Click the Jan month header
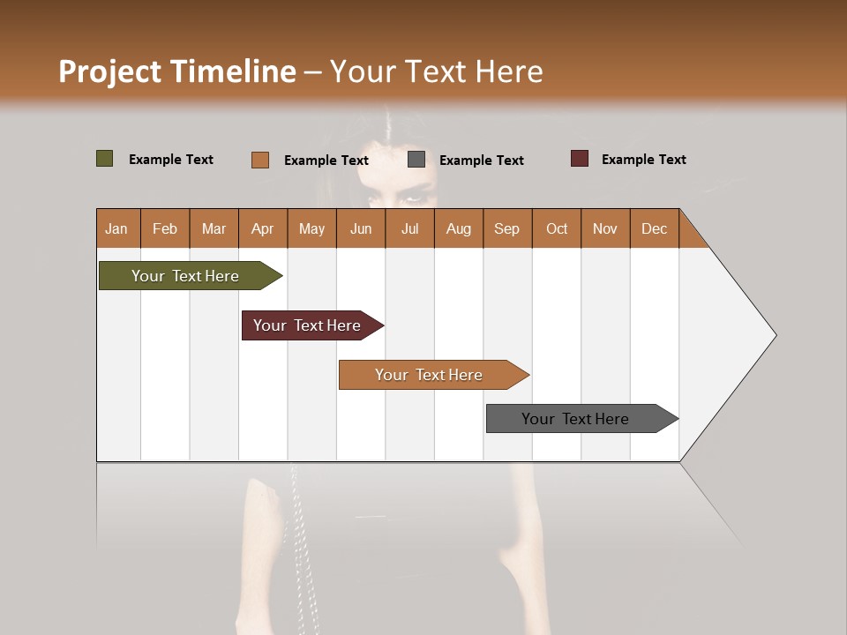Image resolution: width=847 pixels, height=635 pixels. pyautogui.click(x=117, y=228)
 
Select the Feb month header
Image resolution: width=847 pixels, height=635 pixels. pyautogui.click(x=165, y=228)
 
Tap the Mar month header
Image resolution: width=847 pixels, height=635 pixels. pyautogui.click(x=214, y=228)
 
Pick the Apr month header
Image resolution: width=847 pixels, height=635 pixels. pyautogui.click(x=262, y=228)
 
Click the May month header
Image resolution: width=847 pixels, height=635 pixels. pyautogui.click(x=311, y=228)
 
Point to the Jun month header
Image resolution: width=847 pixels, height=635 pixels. pyautogui.click(x=361, y=228)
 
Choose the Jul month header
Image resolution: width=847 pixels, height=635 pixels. pyautogui.click(x=409, y=228)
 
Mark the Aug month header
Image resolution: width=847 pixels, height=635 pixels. pyautogui.click(x=458, y=228)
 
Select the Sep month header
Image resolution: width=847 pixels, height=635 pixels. pyautogui.click(x=506, y=228)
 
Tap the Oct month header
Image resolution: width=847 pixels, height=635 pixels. pyautogui.click(x=557, y=228)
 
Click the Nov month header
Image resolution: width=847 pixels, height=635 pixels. pyautogui.click(x=605, y=228)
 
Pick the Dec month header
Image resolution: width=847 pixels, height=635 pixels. pyautogui.click(x=654, y=228)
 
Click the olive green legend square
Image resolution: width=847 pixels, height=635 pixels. pyautogui.click(x=105, y=159)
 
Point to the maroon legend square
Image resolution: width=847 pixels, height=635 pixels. pyautogui.click(x=580, y=159)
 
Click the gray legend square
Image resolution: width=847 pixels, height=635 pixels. pyautogui.click(x=416, y=160)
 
